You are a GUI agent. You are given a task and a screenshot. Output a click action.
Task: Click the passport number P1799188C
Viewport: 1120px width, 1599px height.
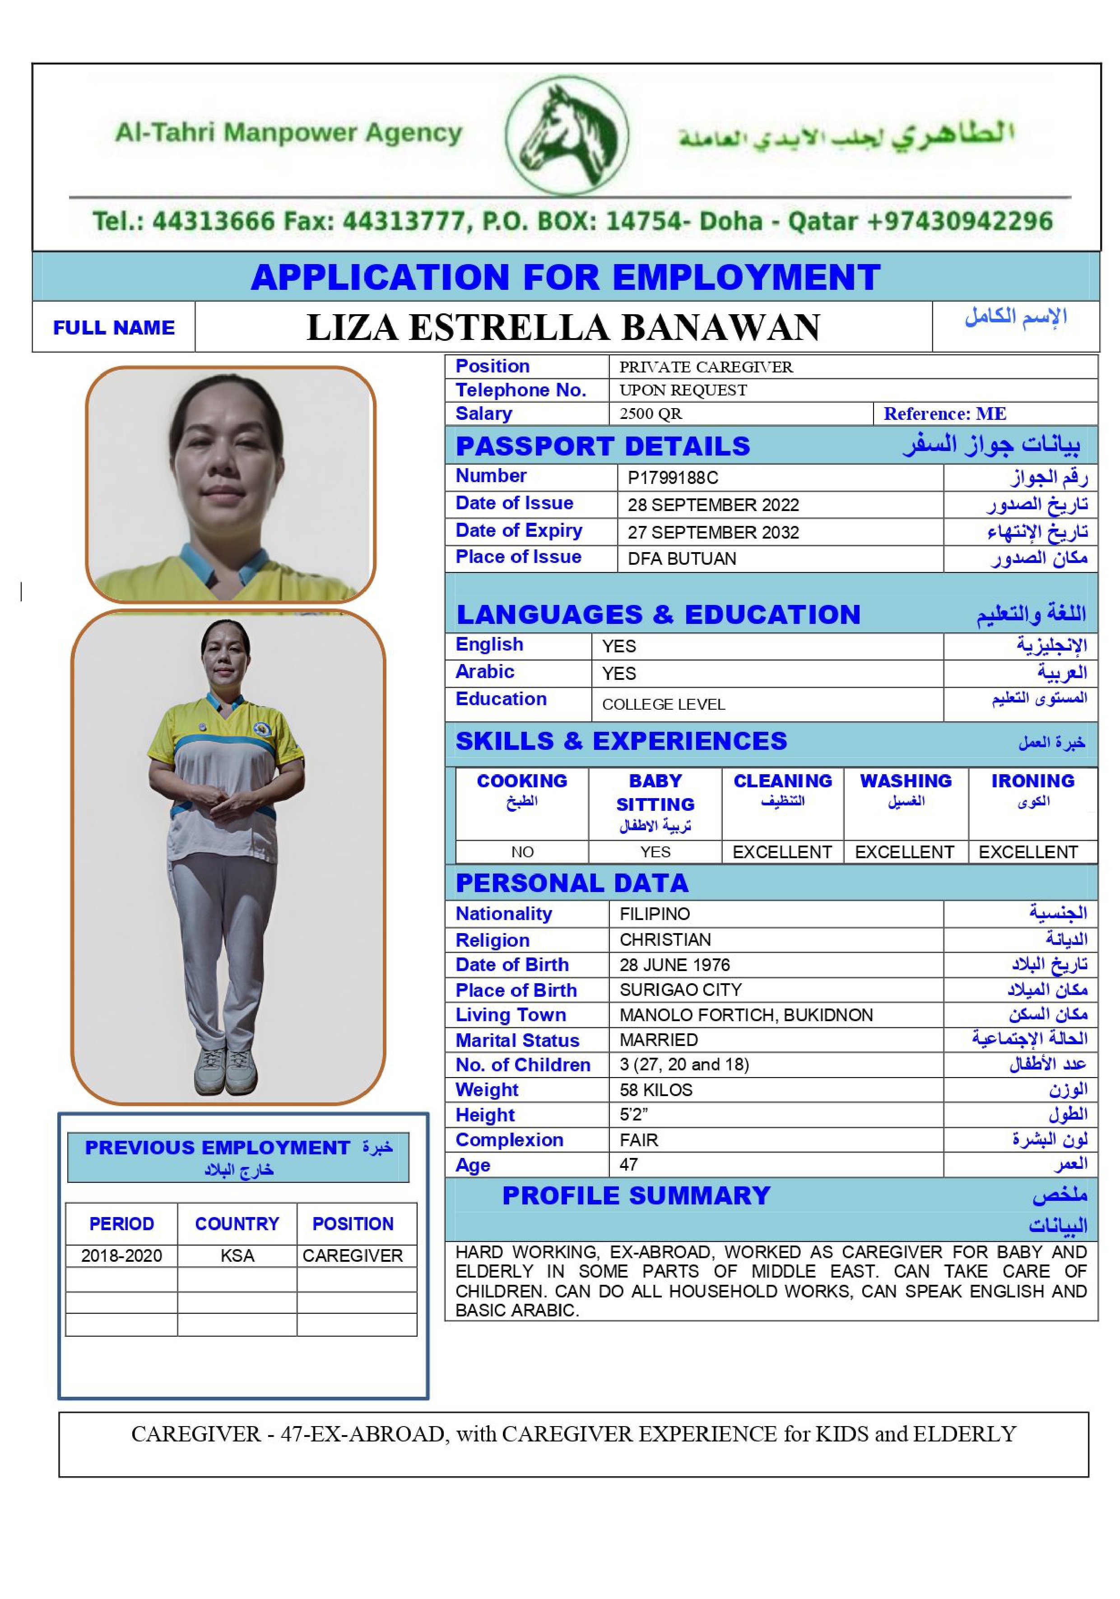tap(672, 478)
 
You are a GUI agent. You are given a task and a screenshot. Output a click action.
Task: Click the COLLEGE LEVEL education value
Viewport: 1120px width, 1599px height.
tap(663, 704)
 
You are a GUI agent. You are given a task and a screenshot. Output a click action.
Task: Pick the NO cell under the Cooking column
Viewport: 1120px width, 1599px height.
tap(522, 852)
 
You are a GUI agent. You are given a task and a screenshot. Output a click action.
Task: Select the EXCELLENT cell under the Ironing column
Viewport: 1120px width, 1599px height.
tap(1027, 852)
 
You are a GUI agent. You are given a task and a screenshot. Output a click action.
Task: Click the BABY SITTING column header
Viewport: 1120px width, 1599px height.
tap(655, 793)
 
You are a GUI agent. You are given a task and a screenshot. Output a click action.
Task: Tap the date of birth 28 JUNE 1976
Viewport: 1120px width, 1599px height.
tap(674, 965)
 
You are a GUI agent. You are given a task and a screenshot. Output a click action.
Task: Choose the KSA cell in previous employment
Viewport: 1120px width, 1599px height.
tap(237, 1255)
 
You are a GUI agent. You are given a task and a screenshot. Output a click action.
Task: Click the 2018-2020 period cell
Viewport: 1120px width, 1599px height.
tap(121, 1255)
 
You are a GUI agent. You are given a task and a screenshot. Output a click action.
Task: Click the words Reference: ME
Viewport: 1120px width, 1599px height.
tap(944, 414)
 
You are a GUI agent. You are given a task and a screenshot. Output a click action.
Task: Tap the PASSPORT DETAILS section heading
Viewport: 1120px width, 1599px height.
tap(603, 446)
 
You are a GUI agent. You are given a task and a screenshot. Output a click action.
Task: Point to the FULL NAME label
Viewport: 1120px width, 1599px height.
tap(113, 327)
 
